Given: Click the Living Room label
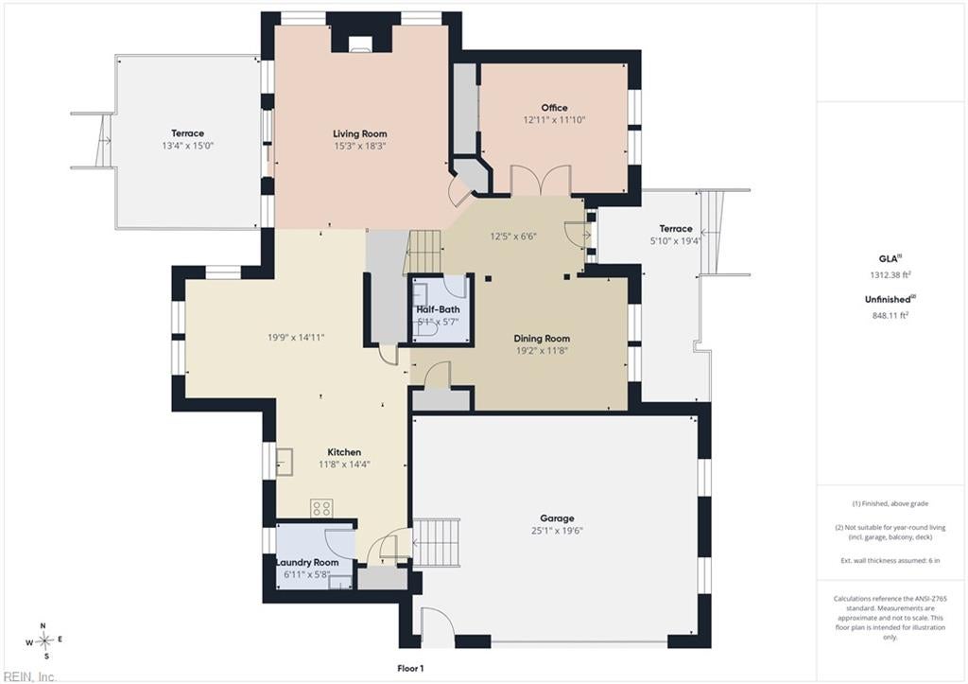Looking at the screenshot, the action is pyautogui.click(x=360, y=133).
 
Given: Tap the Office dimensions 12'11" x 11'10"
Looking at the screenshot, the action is pyautogui.click(x=554, y=120).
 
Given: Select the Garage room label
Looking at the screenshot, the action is pyautogui.click(x=557, y=518).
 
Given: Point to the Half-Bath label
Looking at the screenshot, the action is pyautogui.click(x=438, y=309).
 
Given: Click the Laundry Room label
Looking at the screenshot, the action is pyautogui.click(x=307, y=563).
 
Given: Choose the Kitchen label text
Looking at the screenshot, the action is pyautogui.click(x=344, y=452).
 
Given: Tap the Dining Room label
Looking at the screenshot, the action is pyautogui.click(x=542, y=339).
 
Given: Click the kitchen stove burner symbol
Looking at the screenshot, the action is pyautogui.click(x=321, y=508).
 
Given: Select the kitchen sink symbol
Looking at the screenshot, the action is pyautogui.click(x=284, y=462).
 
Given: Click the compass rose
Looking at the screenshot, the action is pyautogui.click(x=44, y=641).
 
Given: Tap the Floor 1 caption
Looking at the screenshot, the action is pyautogui.click(x=410, y=669).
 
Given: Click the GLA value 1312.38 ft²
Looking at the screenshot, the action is pyautogui.click(x=890, y=275).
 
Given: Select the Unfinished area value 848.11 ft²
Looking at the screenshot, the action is pyautogui.click(x=890, y=315).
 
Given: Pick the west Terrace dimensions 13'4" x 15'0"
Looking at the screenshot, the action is pyautogui.click(x=187, y=146).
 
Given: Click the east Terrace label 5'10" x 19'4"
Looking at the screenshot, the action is pyautogui.click(x=675, y=236).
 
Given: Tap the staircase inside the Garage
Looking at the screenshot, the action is pyautogui.click(x=437, y=542).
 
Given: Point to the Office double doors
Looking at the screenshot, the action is pyautogui.click(x=541, y=180).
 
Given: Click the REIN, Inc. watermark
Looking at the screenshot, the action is pyautogui.click(x=29, y=676).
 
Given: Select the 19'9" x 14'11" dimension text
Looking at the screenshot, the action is pyautogui.click(x=296, y=338).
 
